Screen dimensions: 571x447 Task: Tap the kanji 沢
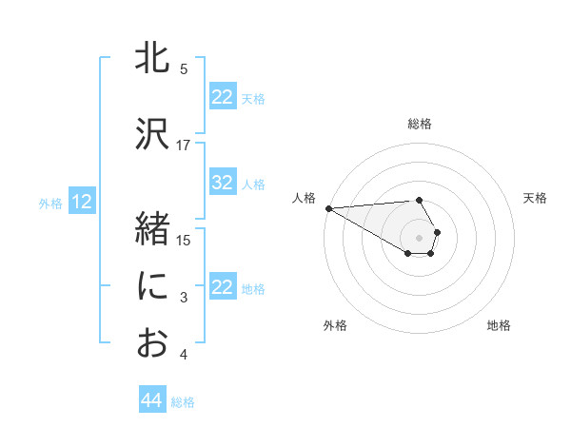click(x=152, y=135)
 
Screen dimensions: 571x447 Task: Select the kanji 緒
click(x=152, y=230)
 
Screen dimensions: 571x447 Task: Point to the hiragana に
click(x=152, y=285)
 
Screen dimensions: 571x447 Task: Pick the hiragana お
click(x=152, y=342)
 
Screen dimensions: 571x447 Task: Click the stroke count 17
click(x=184, y=146)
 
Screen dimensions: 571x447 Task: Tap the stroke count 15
click(x=184, y=240)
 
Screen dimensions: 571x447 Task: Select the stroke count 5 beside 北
click(x=184, y=69)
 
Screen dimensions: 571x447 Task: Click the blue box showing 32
click(x=223, y=183)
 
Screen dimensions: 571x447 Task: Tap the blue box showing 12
click(x=82, y=202)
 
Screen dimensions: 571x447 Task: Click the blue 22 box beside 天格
click(x=223, y=97)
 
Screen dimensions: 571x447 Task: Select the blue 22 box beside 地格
click(x=223, y=287)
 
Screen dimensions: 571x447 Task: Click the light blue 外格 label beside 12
click(x=50, y=203)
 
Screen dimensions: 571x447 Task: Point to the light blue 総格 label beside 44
click(x=183, y=402)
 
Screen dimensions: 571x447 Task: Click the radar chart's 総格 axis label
click(x=420, y=124)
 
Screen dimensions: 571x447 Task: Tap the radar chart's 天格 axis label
click(x=535, y=198)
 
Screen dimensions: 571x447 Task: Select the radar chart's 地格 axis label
click(x=499, y=325)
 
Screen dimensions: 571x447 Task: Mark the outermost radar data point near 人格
click(x=327, y=207)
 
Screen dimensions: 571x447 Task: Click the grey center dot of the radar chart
click(x=420, y=237)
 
